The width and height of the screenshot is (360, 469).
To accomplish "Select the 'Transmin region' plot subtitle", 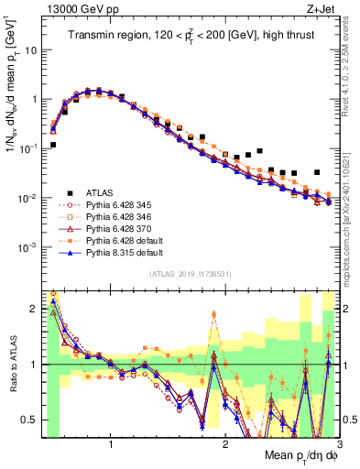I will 189,36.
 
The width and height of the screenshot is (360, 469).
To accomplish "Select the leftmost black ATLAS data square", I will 53,145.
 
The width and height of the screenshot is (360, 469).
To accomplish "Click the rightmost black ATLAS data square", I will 317,172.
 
